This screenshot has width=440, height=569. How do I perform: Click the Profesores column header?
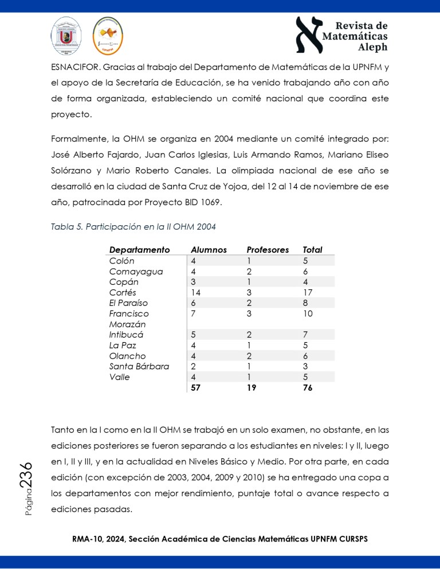click(x=268, y=250)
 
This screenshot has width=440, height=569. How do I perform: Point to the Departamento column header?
click(x=140, y=250)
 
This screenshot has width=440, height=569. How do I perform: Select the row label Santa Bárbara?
click(x=139, y=366)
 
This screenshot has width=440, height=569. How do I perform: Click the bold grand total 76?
click(x=308, y=388)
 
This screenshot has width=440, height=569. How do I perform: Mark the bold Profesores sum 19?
click(x=252, y=388)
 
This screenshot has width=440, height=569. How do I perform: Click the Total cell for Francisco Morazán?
click(x=308, y=313)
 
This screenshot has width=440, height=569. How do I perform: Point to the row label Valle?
click(x=119, y=377)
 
